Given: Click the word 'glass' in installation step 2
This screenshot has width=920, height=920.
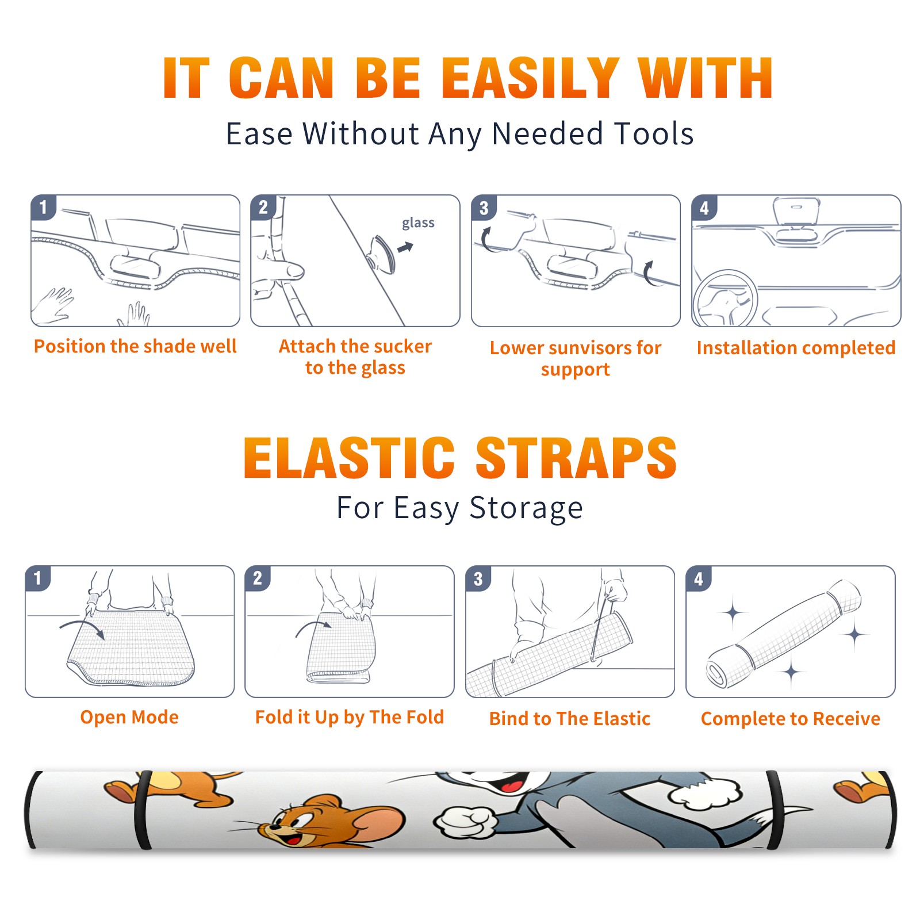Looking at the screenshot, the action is point(418,223).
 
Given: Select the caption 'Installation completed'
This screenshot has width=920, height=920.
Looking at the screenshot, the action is point(796,348).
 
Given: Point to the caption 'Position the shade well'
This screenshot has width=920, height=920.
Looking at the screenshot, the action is point(135,346).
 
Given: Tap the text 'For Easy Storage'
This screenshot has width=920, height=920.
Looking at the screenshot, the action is point(460,508).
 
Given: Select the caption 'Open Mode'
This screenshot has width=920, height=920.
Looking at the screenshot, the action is point(129,717).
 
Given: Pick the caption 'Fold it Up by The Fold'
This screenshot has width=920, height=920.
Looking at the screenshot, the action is point(350,717).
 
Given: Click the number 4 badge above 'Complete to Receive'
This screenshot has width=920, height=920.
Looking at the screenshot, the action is point(699,578).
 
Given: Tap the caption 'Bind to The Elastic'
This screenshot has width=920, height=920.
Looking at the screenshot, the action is point(570,719).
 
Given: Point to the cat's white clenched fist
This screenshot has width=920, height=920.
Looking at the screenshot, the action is point(466,823).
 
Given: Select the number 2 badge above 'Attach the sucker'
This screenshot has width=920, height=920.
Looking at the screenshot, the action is point(263,208).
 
